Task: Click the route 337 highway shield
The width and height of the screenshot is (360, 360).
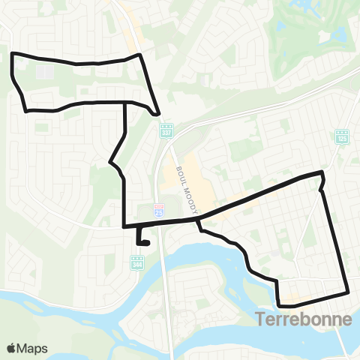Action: pos(166,129)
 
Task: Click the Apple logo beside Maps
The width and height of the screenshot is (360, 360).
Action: pos(12,348)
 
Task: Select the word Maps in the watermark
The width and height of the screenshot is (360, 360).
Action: pos(33,348)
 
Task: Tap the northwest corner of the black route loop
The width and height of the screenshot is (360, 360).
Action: pos(13,54)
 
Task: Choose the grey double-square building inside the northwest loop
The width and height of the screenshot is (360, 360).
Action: pos(43,73)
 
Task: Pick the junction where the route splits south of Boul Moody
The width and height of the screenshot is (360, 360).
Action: pos(198,219)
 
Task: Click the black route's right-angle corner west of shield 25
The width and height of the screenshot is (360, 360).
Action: pos(124,225)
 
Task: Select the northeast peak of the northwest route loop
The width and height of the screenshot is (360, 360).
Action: pos(139,55)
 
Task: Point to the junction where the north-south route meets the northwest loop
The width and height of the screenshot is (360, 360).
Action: pos(124,102)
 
